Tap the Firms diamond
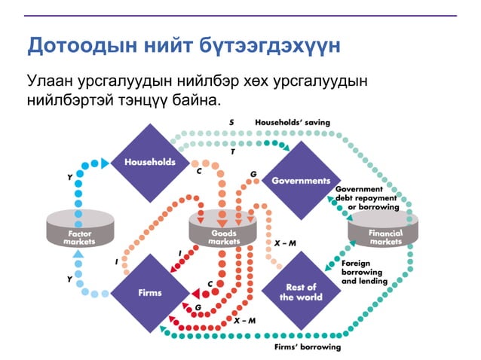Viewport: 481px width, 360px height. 149,292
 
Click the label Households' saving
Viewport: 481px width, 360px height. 293,121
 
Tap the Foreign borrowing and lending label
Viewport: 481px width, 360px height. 364,272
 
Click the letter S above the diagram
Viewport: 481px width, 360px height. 231,121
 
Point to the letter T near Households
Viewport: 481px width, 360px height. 233,151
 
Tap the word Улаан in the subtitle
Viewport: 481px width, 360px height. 51,80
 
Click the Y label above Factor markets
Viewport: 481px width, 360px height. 70,178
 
